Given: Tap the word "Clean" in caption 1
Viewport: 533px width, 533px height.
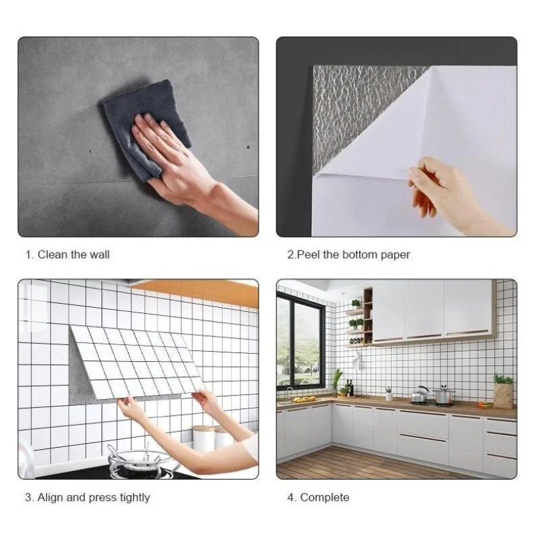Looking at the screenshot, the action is [53, 255].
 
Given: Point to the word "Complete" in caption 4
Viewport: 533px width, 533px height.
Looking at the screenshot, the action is [324, 498].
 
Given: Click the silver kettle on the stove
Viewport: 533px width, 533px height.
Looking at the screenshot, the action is [420, 394].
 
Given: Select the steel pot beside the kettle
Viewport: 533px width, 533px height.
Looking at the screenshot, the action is [444, 395].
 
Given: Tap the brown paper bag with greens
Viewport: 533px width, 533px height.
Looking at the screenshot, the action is [503, 394].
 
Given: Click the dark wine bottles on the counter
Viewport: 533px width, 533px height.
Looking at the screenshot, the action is [349, 388].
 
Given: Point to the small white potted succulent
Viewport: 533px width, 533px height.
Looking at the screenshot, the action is [389, 394].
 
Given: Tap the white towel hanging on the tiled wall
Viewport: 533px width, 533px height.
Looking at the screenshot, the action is [356, 361].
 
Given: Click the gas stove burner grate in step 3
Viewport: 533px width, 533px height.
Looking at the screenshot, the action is [143, 459].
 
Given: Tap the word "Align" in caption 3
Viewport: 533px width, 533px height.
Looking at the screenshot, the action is [51, 498].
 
